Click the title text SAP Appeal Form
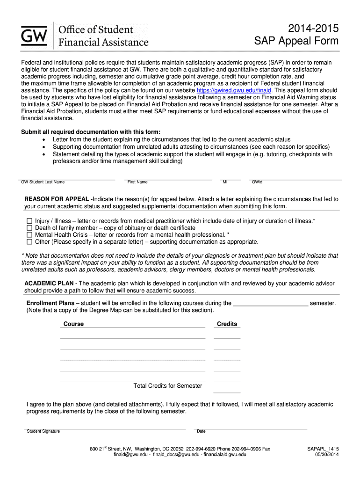(x=296, y=41)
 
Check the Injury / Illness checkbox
(x=29, y=221)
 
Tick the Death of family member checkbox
(x=29, y=228)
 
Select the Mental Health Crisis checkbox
(x=29, y=235)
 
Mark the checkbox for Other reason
(x=29, y=242)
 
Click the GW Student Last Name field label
(x=43, y=182)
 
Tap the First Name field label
(x=137, y=182)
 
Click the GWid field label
(x=257, y=182)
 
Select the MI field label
(x=225, y=182)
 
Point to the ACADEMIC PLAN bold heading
(x=49, y=283)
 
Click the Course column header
(x=73, y=324)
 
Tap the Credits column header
(x=227, y=324)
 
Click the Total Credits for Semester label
(x=168, y=386)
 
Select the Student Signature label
(x=43, y=431)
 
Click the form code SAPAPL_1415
(x=323, y=449)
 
